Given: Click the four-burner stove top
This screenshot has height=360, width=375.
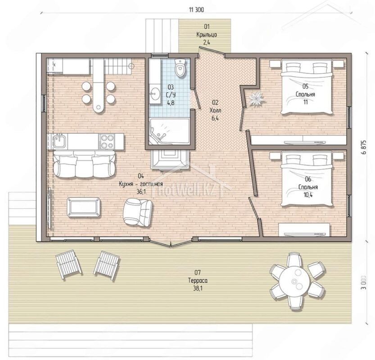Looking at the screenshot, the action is tap(107, 141).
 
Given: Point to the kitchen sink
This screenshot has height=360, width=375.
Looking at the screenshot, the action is tap(58, 141).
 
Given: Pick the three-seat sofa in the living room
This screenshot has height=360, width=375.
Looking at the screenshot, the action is tap(84, 164).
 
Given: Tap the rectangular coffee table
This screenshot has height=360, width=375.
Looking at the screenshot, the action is tap(84, 207).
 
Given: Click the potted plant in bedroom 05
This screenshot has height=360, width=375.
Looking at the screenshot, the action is tap(256, 98).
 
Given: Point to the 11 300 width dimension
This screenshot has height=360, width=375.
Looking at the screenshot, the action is tap(196, 9).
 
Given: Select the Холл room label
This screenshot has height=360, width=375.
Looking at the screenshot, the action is tap(215, 111).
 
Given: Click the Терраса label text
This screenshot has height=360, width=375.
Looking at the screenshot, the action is tap(198, 280).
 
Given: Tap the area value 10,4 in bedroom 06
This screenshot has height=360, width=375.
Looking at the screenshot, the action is tap(308, 195).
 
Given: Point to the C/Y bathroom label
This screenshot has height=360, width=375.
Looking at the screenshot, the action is tap(171, 95).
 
